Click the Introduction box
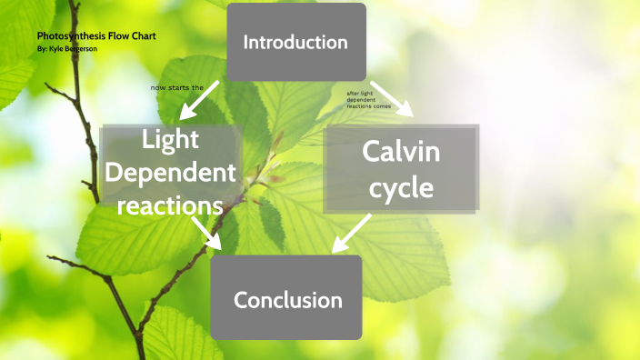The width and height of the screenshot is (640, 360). click(x=295, y=42)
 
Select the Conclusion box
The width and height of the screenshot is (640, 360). click(x=287, y=299)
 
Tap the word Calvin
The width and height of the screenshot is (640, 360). click(x=401, y=151)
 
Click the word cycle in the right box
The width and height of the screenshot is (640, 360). click(x=401, y=188)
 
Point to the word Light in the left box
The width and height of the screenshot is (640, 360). click(x=170, y=139)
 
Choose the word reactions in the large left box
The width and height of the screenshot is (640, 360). click(x=171, y=205)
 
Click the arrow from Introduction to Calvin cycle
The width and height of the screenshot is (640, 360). click(x=391, y=98)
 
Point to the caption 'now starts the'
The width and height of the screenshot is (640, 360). click(x=177, y=87)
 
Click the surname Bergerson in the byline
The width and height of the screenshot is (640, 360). click(x=79, y=48)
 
